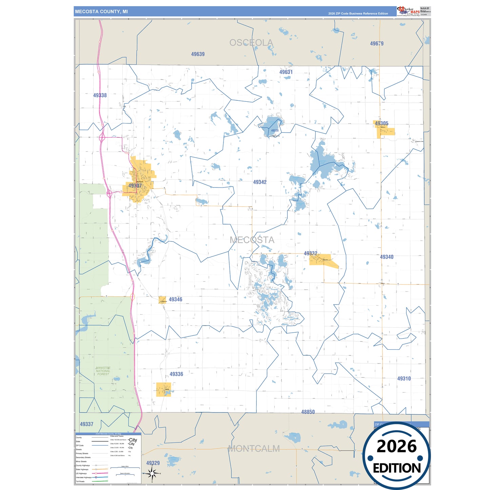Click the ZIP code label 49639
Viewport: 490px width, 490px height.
(x=198, y=54)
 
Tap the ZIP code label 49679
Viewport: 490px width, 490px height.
(x=377, y=44)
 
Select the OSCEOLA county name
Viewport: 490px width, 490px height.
(x=251, y=43)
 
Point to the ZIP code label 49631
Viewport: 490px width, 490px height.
(x=286, y=72)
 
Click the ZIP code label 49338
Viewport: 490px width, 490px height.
(x=100, y=96)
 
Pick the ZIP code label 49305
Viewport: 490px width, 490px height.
(x=381, y=123)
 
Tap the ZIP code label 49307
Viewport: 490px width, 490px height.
(x=135, y=186)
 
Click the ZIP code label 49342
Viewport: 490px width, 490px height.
(x=260, y=182)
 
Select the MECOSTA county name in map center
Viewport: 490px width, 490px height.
(x=252, y=240)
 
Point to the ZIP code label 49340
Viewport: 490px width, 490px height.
(x=387, y=257)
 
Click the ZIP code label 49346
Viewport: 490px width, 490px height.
(x=175, y=299)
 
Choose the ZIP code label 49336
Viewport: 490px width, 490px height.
(x=176, y=374)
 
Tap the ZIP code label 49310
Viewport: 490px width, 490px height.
(x=404, y=378)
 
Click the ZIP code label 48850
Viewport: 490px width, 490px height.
(x=308, y=412)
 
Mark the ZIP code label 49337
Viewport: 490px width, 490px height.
(x=86, y=424)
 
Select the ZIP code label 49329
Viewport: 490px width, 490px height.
(x=153, y=463)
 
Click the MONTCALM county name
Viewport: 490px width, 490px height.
(x=254, y=449)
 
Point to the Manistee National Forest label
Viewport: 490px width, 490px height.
(x=103, y=371)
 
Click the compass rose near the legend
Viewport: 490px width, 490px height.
(x=152, y=473)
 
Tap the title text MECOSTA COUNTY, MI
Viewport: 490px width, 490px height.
(x=101, y=12)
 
